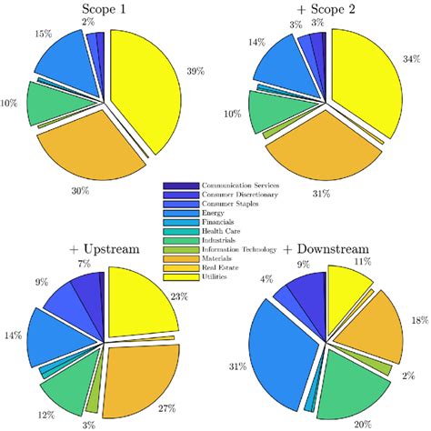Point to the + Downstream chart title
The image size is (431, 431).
pyautogui.click(x=326, y=248)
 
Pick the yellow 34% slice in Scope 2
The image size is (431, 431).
pyautogui.click(x=364, y=86)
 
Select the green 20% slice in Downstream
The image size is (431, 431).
pyautogui.click(x=350, y=386)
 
